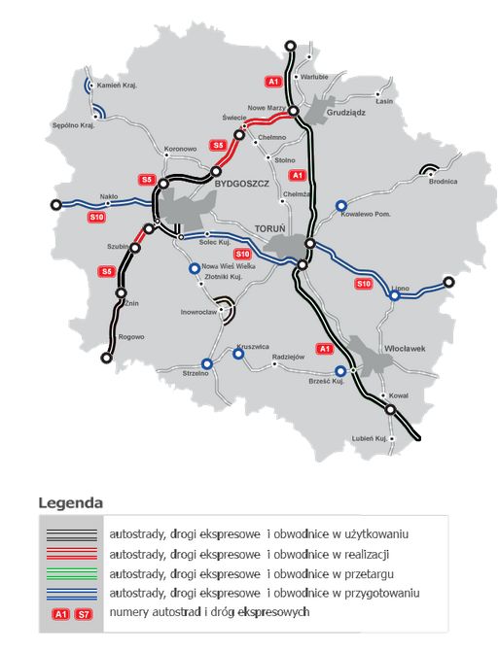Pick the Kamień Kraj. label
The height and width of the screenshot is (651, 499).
coord(116,86)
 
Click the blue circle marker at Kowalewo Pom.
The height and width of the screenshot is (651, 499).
coord(341,205)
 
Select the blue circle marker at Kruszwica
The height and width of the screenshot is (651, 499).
coord(238,354)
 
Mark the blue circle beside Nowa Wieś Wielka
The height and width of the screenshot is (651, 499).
coord(195,268)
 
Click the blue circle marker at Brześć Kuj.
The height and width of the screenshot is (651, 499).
coord(340,371)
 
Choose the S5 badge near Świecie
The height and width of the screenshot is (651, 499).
coord(219,145)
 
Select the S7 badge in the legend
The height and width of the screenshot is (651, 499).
coord(85,613)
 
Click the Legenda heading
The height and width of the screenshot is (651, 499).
coord(70,503)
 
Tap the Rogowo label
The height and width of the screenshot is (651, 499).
coord(130,336)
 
